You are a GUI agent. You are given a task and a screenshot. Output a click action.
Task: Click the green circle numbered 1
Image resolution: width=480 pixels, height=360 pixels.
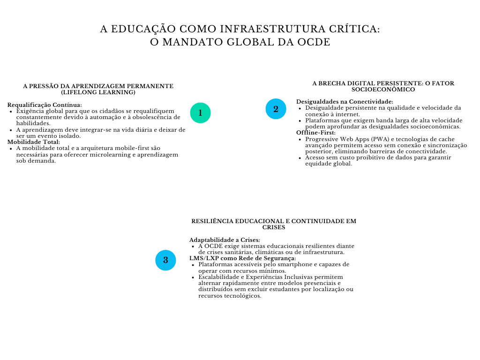200,113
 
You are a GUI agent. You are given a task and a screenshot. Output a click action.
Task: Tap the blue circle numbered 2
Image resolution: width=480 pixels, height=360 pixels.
276,109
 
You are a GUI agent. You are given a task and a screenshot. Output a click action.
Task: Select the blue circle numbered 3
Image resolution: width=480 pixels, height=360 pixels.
165,260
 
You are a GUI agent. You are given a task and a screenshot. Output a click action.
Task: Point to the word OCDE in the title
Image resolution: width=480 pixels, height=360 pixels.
314,42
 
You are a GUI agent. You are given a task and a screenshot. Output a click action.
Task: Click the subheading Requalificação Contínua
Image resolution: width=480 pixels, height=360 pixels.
45,105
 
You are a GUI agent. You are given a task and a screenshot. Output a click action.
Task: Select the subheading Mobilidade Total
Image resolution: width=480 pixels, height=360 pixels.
34,142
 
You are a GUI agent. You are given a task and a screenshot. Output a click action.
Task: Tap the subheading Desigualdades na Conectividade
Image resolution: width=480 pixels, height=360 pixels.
345,102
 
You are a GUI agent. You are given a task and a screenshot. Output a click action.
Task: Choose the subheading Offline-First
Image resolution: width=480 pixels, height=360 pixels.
316,133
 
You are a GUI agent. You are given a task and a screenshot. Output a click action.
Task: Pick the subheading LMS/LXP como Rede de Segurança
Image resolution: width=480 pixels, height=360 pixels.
243,258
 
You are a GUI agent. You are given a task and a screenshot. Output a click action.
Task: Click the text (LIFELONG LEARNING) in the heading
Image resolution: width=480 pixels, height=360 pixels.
98,92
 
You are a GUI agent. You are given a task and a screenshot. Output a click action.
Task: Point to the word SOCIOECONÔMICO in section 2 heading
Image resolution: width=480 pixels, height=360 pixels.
383,89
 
